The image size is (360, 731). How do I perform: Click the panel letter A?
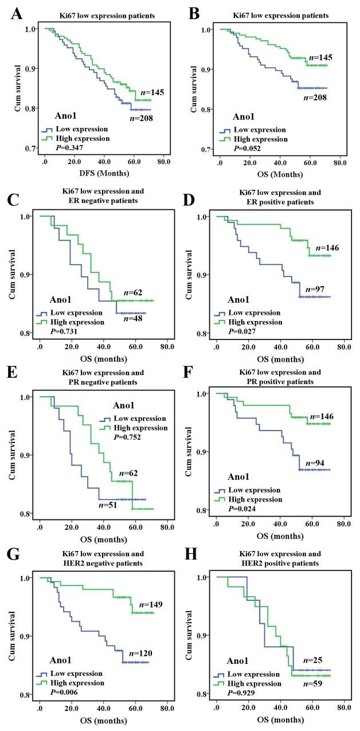click(18, 11)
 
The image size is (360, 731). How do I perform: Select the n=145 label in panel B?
click(320, 57)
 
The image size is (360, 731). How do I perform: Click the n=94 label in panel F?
click(315, 462)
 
